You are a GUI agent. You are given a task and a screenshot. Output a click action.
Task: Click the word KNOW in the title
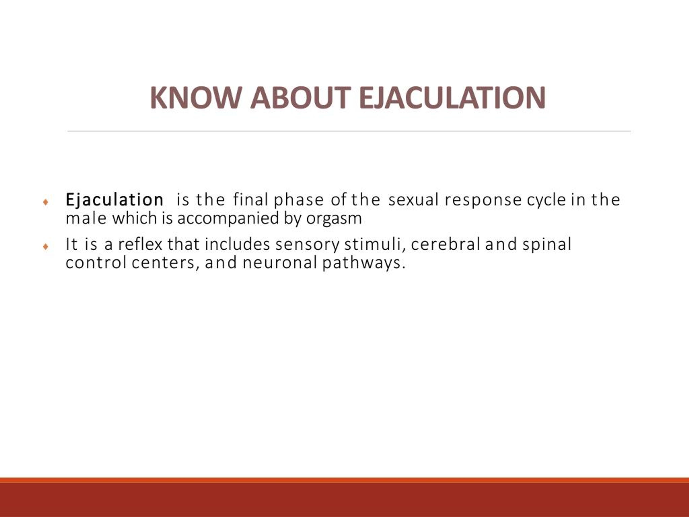point(195,97)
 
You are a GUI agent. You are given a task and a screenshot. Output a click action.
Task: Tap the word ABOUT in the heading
point(301,97)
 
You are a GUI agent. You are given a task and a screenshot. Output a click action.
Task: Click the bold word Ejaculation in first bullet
point(114,200)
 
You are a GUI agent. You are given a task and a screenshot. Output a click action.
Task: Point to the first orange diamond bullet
point(46,202)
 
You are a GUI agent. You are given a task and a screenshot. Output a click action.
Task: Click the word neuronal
point(279,263)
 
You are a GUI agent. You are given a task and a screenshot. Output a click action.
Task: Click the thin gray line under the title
point(349,131)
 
